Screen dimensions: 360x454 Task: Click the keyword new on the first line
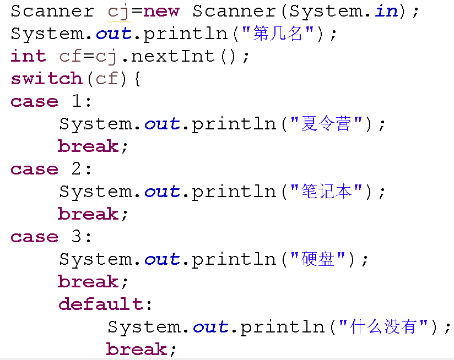161,11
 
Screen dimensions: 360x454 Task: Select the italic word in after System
386,11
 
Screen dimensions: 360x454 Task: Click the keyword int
28,56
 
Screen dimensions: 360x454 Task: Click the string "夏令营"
327,124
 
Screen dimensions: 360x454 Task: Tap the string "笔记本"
327,192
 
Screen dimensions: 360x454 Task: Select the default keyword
101,304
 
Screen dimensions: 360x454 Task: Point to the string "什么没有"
383,327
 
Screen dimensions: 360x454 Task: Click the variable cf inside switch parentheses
107,79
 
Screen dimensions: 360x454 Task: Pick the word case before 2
34,169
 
